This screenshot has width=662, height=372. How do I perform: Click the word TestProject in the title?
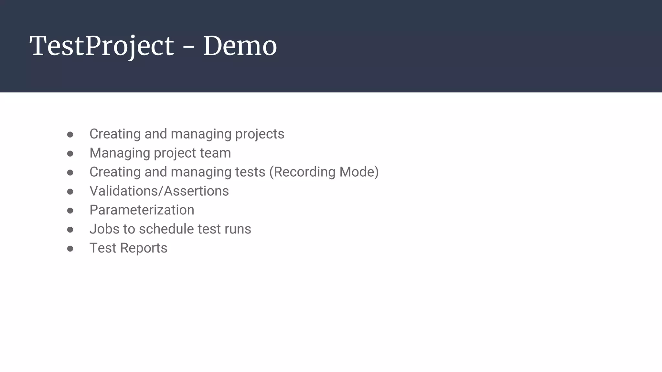tap(101, 46)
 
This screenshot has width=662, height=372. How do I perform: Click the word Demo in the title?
tap(240, 46)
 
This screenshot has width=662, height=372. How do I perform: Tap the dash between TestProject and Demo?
tap(188, 47)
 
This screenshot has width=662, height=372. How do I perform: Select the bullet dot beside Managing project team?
tap(70, 153)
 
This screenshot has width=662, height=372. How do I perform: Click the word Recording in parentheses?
tap(304, 172)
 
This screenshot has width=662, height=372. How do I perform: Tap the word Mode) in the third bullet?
tap(359, 172)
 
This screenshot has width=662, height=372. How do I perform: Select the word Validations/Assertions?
tap(159, 191)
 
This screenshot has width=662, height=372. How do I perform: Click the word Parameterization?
tap(142, 210)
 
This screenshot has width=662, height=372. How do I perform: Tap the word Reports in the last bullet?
tap(144, 248)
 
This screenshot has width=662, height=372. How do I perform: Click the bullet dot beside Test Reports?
tap(70, 249)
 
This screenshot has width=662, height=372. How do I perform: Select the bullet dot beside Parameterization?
tap(70, 211)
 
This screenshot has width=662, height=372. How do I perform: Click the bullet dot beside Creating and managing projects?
tap(70, 134)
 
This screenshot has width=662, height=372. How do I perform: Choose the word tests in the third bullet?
tap(250, 172)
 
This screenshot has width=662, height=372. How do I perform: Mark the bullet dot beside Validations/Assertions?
tap(70, 191)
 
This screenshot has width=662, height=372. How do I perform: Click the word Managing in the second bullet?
tap(120, 153)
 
